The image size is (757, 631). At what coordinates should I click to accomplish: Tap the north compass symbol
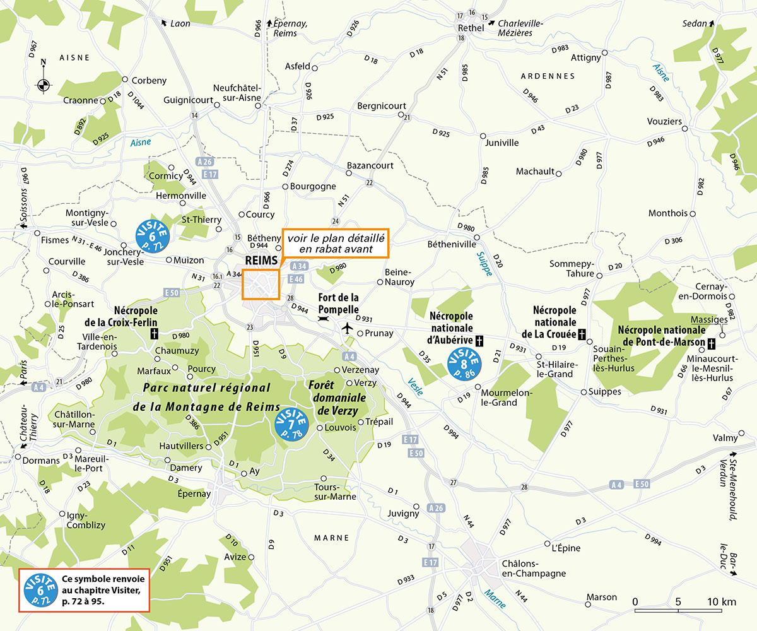pyautogui.click(x=44, y=84)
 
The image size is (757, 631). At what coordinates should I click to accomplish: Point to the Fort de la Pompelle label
pyautogui.click(x=338, y=304)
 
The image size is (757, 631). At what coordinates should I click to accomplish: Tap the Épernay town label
pyautogui.click(x=194, y=493)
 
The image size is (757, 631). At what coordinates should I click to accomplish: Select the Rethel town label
pyautogui.click(x=471, y=28)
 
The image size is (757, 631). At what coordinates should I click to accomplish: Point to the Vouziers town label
pyautogui.click(x=665, y=121)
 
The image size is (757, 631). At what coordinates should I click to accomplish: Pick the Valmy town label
pyautogui.click(x=725, y=438)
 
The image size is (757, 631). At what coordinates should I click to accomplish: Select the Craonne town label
pyautogui.click(x=81, y=100)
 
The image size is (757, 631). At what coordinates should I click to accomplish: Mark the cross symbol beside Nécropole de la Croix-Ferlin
pyautogui.click(x=153, y=334)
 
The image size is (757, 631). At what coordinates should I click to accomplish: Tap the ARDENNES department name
pyautogui.click(x=548, y=76)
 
